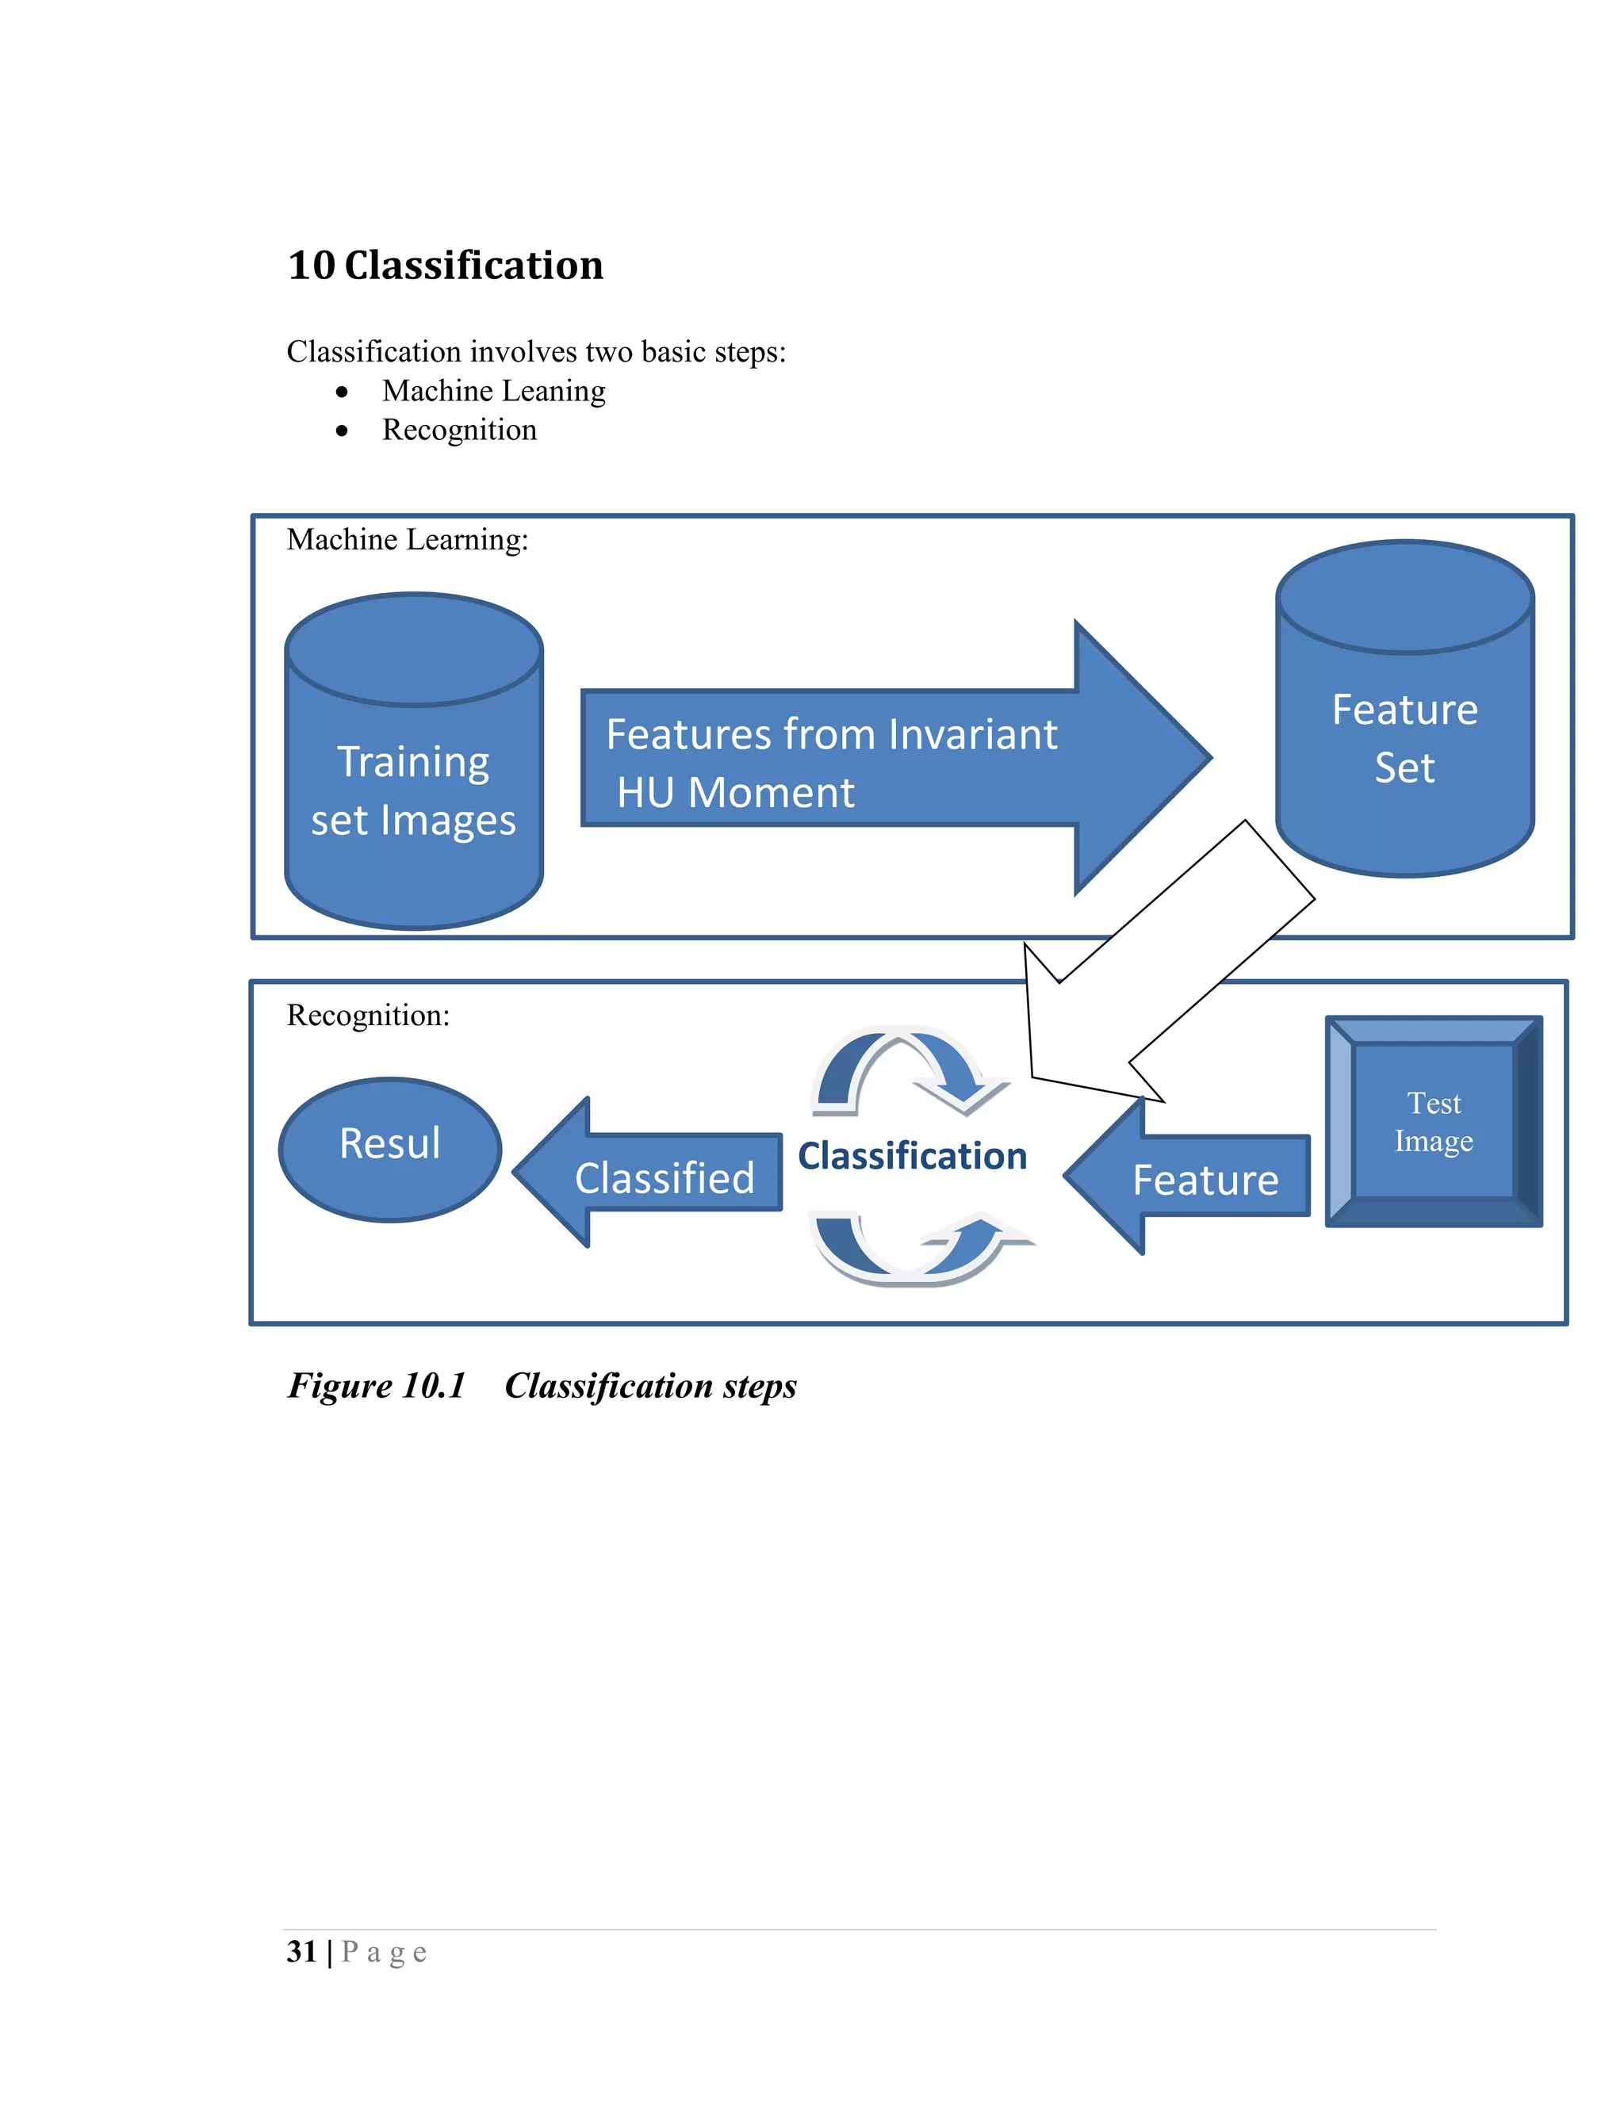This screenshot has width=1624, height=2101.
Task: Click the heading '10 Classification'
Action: point(446,266)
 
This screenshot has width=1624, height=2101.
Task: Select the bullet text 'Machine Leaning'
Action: point(493,392)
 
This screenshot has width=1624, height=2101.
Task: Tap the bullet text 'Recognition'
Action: point(459,430)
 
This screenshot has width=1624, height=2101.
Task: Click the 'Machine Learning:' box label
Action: point(407,540)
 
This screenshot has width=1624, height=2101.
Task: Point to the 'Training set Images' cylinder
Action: point(414,789)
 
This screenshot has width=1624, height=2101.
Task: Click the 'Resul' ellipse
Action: point(389,1149)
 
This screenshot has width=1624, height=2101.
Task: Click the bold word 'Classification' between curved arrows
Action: point(912,1156)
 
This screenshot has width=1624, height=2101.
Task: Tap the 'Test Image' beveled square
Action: point(1434,1122)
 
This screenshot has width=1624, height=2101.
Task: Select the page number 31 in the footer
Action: point(301,1952)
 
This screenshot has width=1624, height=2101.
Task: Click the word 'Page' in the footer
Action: point(384,1952)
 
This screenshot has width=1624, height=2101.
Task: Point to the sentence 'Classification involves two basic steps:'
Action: point(536,352)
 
